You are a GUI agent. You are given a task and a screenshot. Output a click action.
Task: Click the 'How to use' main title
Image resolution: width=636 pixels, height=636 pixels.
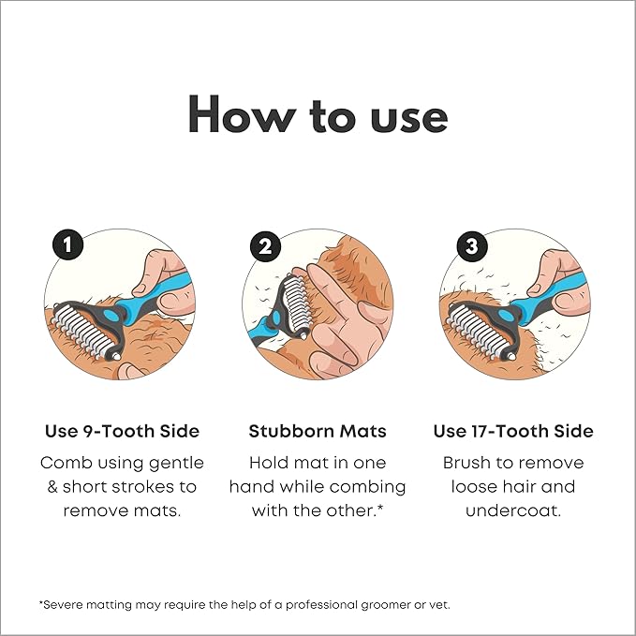(x=318, y=114)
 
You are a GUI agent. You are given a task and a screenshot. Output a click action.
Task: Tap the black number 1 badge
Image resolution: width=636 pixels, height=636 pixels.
(x=67, y=245)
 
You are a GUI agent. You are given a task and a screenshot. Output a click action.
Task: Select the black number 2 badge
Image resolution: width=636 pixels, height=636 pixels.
(x=265, y=246)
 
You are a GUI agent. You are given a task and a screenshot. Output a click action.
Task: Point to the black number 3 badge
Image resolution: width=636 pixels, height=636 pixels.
(x=472, y=246)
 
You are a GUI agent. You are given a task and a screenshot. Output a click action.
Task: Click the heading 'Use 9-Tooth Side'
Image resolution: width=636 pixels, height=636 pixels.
(x=122, y=431)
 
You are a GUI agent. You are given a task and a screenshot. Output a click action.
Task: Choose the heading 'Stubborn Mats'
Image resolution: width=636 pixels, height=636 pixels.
(x=318, y=431)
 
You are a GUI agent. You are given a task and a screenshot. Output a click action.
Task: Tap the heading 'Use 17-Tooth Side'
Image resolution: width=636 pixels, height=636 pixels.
(x=513, y=431)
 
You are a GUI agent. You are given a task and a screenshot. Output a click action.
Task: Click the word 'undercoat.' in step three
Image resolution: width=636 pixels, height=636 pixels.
(x=513, y=510)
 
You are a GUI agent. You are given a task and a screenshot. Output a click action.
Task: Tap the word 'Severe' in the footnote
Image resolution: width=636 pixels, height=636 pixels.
(x=59, y=605)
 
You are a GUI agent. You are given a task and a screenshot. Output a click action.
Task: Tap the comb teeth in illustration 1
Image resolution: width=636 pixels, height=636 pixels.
(x=82, y=331)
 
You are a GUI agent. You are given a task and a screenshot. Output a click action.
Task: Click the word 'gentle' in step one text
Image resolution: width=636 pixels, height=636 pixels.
(x=176, y=464)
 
